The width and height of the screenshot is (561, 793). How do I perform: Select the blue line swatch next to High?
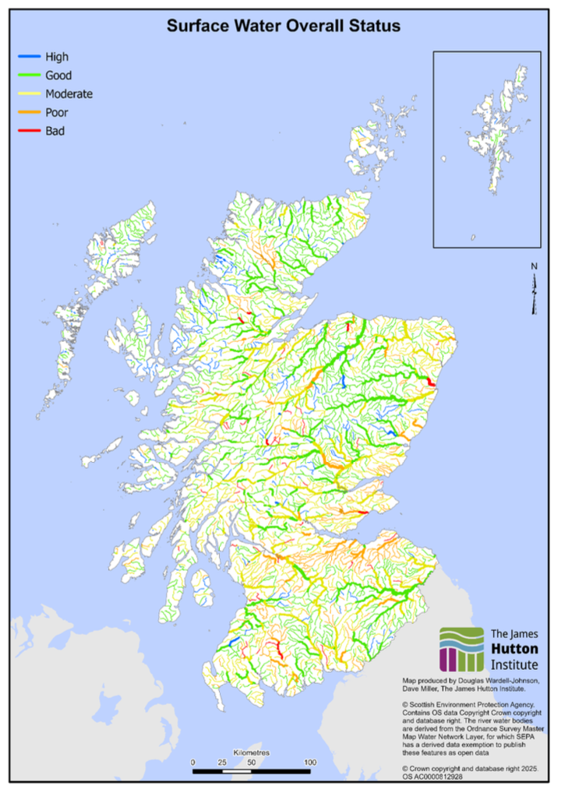coord(29,57)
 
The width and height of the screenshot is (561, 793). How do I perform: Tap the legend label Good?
coord(58,76)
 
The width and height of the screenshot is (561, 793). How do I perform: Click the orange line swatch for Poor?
coord(29,112)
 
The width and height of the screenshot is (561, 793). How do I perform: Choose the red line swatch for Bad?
coord(29,131)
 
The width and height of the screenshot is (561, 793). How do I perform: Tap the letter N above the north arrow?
coord(534,266)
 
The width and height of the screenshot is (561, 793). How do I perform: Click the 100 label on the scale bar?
coord(309,762)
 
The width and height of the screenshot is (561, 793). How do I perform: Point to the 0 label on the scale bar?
coord(192,762)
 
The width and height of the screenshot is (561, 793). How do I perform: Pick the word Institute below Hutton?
coord(514,664)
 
